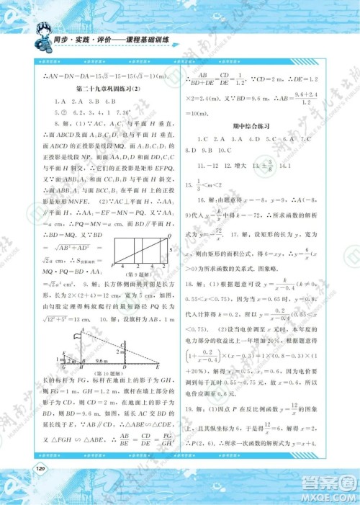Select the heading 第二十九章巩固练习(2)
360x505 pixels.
tap(106, 89)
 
